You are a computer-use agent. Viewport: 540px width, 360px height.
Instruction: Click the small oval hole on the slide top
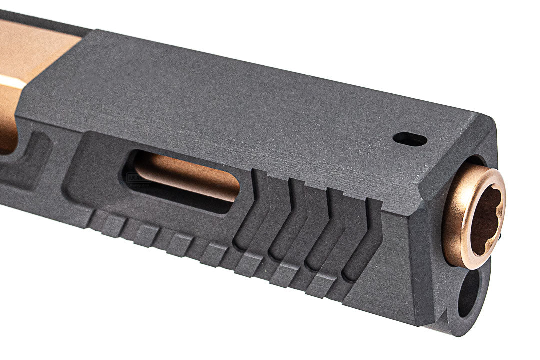point(410,139)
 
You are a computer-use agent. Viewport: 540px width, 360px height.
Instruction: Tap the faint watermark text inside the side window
point(133,176)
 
